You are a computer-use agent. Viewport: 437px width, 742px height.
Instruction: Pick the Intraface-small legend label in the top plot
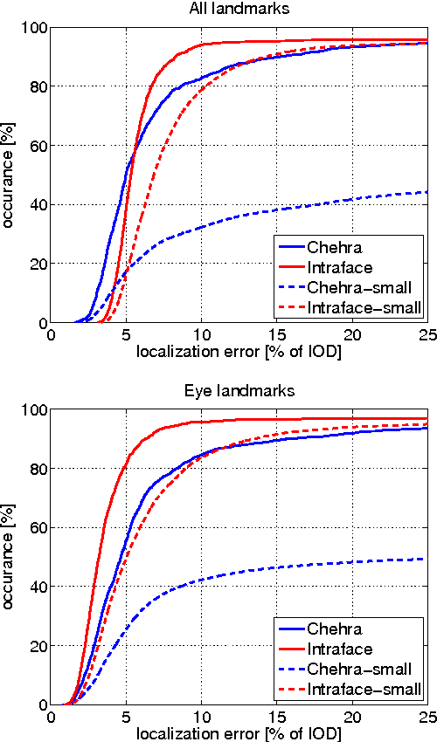tap(364, 306)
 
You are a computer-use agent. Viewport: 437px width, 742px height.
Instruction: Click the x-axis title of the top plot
tap(239, 352)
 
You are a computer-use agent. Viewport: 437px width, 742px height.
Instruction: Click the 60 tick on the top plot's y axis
tap(38, 146)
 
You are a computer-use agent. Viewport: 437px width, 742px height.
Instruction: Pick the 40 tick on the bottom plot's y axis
tap(38, 587)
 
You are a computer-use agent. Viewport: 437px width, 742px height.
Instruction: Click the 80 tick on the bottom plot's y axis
tap(38, 469)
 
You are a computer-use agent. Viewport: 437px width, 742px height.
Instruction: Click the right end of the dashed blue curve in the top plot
tap(427, 192)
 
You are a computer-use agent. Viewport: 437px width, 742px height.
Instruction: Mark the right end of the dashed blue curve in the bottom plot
tap(427, 559)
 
